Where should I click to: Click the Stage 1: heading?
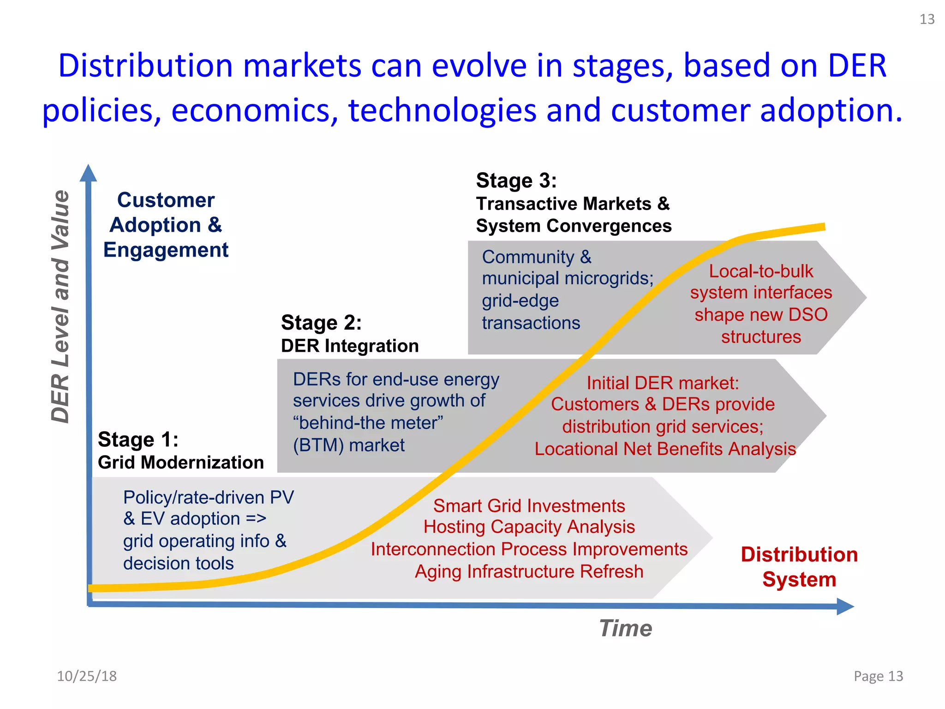pos(138,439)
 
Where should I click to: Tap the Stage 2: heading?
pos(321,323)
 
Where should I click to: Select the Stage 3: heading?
pos(516,180)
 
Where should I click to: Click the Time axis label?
pos(625,628)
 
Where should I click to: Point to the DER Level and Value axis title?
pos(60,306)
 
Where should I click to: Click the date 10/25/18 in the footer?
pos(87,676)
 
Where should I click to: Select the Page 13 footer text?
pos(878,676)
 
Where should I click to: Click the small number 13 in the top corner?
pos(927,19)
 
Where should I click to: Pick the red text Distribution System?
pos(799,567)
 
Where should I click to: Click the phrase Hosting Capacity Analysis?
pos(529,527)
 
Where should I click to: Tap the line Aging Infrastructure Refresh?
pos(529,571)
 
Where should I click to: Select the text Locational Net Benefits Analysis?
pos(665,449)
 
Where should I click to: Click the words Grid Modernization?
pos(180,463)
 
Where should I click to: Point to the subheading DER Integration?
pos(350,346)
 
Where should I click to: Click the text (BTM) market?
pos(349,445)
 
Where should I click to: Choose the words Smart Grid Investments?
pos(529,506)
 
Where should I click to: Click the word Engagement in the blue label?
pos(166,250)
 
